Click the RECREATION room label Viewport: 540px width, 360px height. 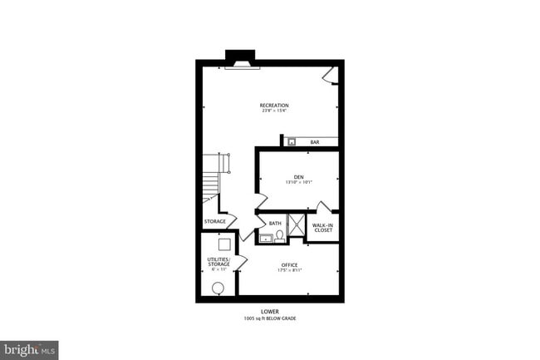[x=273, y=106]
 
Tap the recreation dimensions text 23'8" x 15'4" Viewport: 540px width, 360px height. [x=273, y=112]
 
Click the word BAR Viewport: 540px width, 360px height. [x=315, y=142]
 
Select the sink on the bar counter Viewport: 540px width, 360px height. [x=292, y=142]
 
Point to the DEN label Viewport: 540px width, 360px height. [x=298, y=176]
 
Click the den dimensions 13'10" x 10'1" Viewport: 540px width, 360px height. [x=298, y=183]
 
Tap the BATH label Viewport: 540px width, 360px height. [x=275, y=223]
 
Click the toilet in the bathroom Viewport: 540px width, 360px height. [x=280, y=236]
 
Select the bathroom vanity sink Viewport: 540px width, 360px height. [x=266, y=238]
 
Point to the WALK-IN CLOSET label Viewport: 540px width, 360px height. [x=322, y=226]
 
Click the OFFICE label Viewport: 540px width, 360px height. [x=288, y=265]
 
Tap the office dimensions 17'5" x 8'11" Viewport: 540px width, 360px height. [x=288, y=271]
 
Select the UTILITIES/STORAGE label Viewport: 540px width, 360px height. [x=218, y=262]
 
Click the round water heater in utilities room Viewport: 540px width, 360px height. [x=218, y=288]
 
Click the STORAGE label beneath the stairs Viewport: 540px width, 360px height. [x=215, y=221]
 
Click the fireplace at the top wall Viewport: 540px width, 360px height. [x=241, y=60]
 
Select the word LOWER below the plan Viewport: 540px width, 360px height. [x=270, y=312]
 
